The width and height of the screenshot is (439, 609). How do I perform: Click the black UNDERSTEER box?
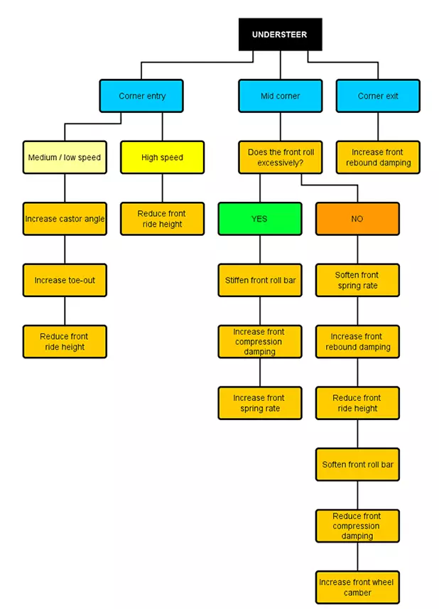(280, 35)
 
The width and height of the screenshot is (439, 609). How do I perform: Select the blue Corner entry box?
(141, 96)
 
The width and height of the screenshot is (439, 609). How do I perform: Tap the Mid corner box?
(280, 96)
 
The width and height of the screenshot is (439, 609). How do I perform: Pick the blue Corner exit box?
(378, 96)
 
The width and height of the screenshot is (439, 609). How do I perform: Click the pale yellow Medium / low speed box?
(65, 157)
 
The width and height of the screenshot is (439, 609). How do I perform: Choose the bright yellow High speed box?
(162, 157)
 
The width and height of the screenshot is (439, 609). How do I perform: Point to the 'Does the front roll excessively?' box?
(280, 157)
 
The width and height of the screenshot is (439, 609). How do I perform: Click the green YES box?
(259, 219)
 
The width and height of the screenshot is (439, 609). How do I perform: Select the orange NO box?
(357, 219)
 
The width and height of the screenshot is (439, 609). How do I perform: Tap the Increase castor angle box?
(65, 219)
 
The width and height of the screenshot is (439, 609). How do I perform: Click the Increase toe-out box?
(65, 280)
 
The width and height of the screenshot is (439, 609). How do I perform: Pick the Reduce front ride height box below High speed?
(162, 219)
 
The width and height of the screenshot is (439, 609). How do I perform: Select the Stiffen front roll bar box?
(259, 280)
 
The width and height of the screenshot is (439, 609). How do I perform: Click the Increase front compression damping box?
(259, 342)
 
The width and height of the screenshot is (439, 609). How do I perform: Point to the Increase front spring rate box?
(259, 403)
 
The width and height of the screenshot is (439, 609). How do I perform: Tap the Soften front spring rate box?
(357, 280)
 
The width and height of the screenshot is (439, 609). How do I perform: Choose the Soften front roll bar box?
(357, 465)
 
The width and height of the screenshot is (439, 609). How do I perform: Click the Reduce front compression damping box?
(357, 526)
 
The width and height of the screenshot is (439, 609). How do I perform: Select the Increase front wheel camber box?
(357, 587)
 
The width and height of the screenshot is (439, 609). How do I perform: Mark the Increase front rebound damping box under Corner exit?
(378, 157)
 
